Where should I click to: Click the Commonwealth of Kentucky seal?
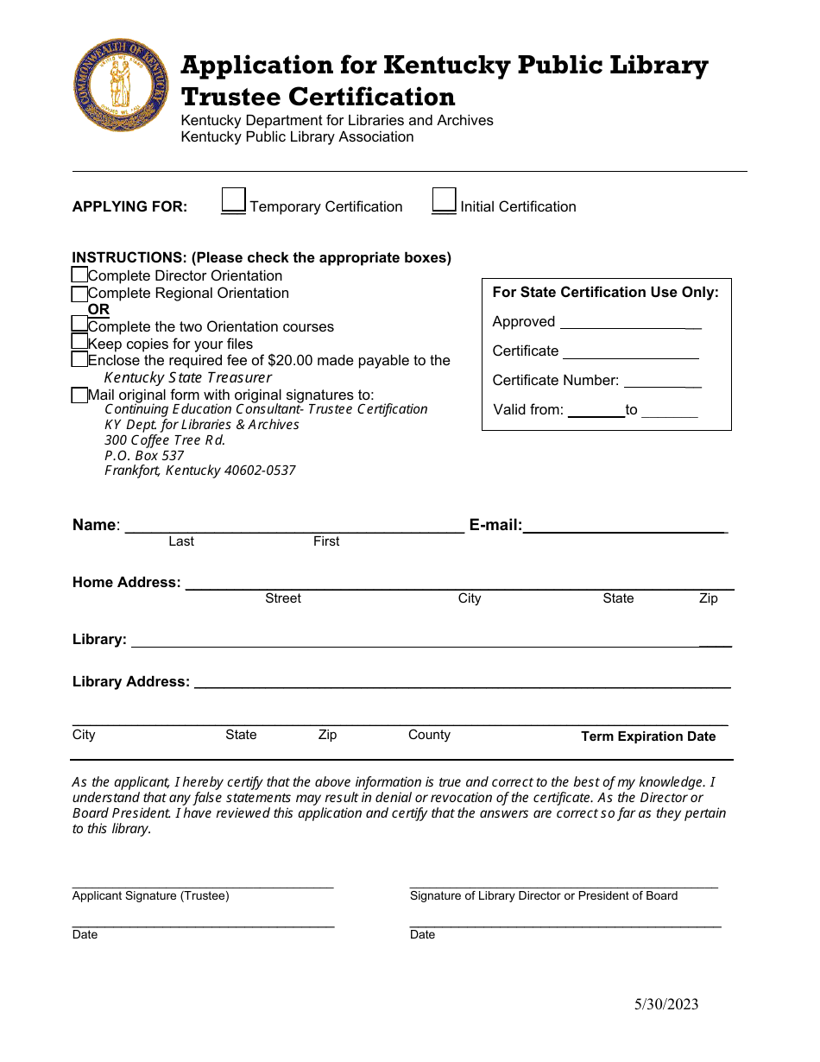[x=122, y=85]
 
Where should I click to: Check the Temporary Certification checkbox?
[x=234, y=200]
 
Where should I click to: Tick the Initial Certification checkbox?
[x=445, y=200]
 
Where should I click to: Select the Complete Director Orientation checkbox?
[x=79, y=275]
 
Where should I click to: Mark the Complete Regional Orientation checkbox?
[x=79, y=294]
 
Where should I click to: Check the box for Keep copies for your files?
[x=79, y=342]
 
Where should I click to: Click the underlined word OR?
[x=98, y=309]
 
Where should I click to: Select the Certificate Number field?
[x=662, y=382]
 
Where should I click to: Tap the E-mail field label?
[x=495, y=525]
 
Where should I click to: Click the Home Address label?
[x=127, y=583]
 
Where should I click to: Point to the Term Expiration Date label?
[x=648, y=736]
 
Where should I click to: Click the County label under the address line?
[x=429, y=735]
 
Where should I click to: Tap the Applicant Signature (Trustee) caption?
[x=151, y=896]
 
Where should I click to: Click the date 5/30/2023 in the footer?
[x=666, y=1004]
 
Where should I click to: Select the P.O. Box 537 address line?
[x=144, y=455]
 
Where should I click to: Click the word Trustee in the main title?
[x=230, y=97]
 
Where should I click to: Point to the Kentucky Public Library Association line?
[x=297, y=137]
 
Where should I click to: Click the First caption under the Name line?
[x=326, y=541]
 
